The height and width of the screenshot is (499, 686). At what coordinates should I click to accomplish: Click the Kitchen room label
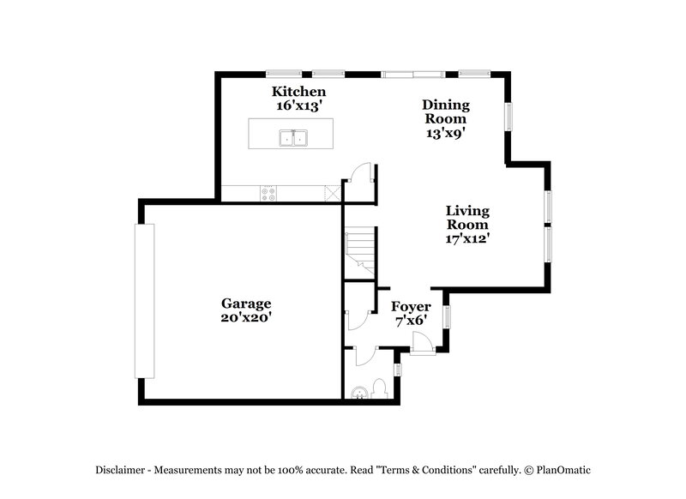click(298, 92)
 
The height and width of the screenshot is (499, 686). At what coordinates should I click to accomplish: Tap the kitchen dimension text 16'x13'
click(298, 106)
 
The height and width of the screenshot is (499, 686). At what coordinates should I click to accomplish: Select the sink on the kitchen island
click(293, 138)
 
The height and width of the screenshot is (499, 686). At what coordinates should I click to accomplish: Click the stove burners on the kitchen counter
click(268, 194)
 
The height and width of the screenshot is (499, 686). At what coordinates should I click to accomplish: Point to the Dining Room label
click(446, 111)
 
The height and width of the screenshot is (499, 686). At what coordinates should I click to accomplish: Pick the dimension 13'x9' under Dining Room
click(446, 133)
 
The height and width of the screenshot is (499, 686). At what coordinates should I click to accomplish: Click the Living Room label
click(467, 217)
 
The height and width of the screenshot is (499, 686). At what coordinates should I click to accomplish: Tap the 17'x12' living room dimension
click(467, 238)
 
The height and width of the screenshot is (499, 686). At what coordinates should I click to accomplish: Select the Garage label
click(246, 304)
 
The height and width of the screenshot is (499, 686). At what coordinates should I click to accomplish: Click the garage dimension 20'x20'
click(246, 317)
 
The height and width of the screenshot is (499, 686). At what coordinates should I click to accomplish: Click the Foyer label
click(411, 307)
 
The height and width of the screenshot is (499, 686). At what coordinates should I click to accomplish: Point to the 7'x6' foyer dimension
click(411, 321)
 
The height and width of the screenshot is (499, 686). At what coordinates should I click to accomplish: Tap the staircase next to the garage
click(359, 250)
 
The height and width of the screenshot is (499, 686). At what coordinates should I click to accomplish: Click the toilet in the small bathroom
click(359, 392)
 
